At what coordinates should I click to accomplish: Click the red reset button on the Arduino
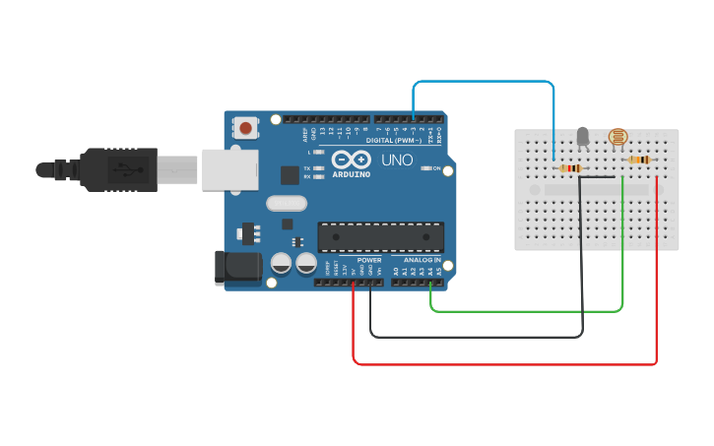pos(244,127)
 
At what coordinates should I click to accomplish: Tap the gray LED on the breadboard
pos(582,137)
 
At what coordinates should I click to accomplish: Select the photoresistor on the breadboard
pos(617,138)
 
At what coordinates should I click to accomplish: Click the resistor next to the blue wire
pos(569,168)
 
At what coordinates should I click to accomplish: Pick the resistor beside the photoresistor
pos(640,160)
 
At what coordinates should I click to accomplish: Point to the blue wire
pos(483,83)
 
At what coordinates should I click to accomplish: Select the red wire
pos(502,364)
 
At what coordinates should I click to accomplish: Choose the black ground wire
pos(473,337)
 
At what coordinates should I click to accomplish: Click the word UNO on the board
pos(397,159)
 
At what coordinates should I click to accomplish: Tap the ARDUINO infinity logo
pos(352,160)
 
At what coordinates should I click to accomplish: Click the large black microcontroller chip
pos(380,237)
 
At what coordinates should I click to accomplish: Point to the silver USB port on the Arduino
pos(228,168)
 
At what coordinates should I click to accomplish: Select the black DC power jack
pos(238,268)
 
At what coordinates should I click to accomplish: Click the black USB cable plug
pos(118,169)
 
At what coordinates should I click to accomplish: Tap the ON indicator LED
pos(426,168)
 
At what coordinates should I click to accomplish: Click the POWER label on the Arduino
pos(369,260)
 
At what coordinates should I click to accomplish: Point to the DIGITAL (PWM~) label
pos(394,141)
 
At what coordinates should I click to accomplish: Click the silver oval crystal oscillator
pos(286,203)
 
